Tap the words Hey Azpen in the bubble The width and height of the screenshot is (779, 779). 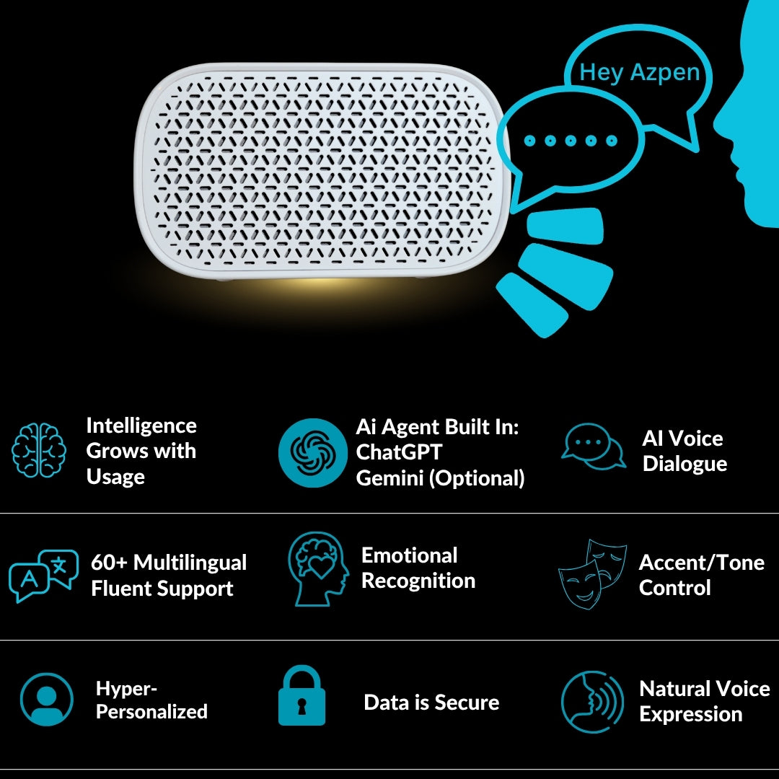[639, 72]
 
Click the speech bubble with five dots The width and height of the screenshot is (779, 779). [571, 141]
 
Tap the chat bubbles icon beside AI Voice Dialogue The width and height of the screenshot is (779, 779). [594, 447]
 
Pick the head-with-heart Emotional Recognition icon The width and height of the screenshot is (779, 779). [317, 569]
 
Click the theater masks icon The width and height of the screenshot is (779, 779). [592, 573]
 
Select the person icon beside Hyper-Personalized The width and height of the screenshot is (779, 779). [47, 699]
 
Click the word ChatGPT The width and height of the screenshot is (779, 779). [398, 452]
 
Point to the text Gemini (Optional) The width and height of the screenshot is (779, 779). [440, 477]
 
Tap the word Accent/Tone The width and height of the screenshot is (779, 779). [701, 563]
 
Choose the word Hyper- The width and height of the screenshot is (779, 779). [126, 689]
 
